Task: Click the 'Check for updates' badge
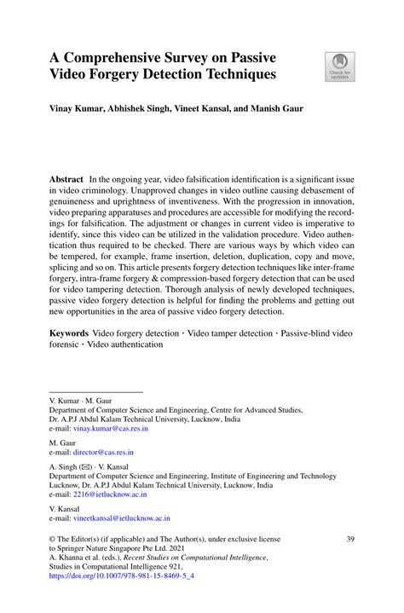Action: [339, 67]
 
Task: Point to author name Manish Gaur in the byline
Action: [280, 110]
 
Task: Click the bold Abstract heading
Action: [66, 180]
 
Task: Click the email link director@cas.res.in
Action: [98, 452]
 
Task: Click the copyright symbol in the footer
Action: [53, 540]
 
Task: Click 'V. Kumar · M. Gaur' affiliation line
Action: [84, 398]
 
